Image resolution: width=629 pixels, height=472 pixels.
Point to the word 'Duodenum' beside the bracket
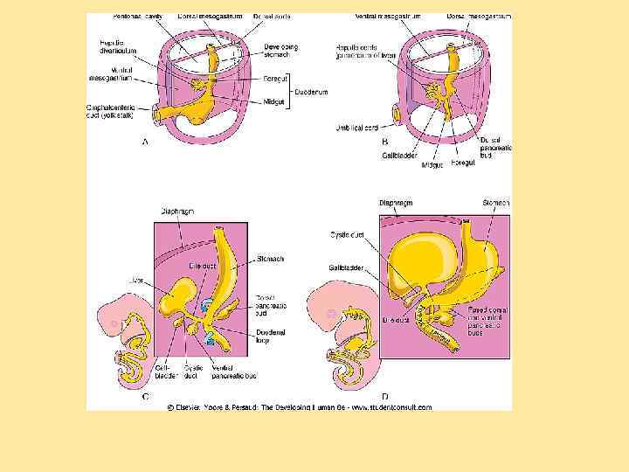(x=311, y=89)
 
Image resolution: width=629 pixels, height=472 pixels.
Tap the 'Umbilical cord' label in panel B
(x=359, y=128)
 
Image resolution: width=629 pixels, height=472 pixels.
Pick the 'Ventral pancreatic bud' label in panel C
(x=233, y=372)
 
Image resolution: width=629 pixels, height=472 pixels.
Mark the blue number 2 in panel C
(x=210, y=335)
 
